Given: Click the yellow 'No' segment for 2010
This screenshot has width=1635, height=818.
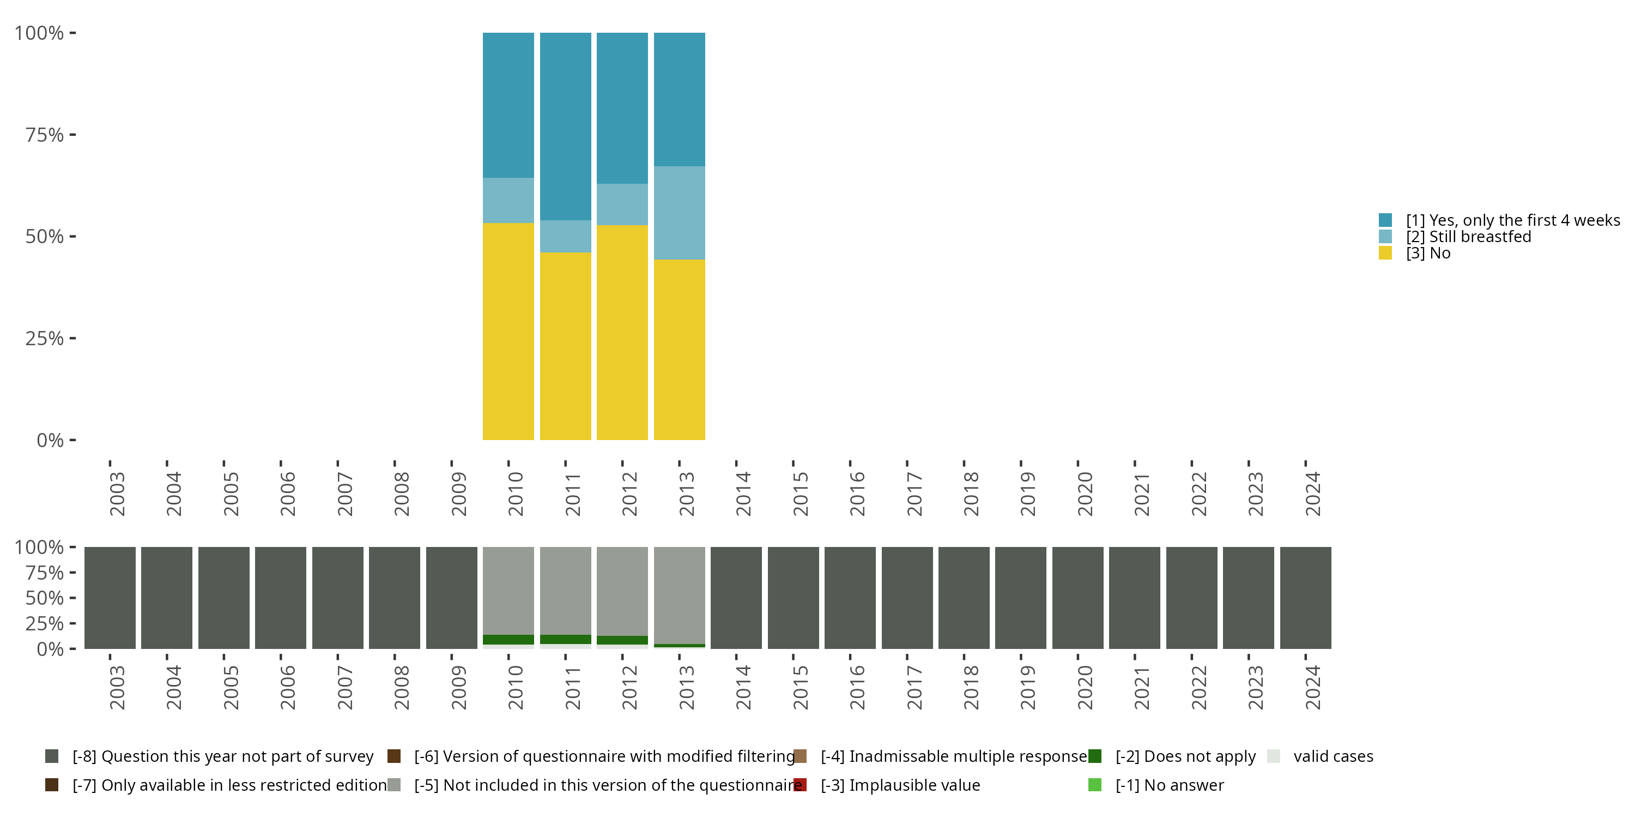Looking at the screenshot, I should [508, 331].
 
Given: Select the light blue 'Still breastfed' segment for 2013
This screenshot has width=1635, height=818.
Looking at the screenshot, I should [679, 213].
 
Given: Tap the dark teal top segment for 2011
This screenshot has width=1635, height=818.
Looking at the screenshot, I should [565, 127].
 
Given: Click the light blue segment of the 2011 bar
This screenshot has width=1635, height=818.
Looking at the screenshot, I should [565, 236].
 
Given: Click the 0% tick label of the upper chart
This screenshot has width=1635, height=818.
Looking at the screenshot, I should [50, 440].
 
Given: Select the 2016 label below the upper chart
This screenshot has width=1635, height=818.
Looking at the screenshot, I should [857, 494].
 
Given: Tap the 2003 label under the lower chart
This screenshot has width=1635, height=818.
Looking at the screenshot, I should [117, 687].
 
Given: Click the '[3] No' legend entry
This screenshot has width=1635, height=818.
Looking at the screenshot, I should [1428, 254].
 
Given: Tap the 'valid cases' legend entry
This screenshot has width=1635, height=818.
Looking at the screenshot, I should [1333, 756].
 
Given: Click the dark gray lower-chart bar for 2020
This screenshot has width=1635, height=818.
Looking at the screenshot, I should [1077, 598].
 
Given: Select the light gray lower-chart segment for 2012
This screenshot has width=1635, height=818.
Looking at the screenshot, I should [622, 591].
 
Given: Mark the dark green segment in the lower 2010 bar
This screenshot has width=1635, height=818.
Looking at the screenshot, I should [508, 640].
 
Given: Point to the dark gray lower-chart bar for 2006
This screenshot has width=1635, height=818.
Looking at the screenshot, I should [281, 598].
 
